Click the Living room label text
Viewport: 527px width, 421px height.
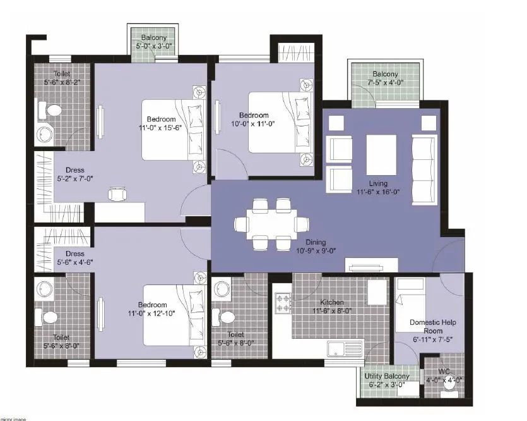(397, 183)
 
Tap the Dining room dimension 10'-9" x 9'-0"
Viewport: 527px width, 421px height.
(316, 250)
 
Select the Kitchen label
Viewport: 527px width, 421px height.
(332, 302)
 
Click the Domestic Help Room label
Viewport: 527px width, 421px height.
(432, 326)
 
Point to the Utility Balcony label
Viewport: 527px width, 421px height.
(388, 376)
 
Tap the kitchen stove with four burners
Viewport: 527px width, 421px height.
(283, 303)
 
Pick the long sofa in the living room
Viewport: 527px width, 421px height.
(423, 169)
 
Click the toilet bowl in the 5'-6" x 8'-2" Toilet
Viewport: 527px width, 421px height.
(53, 111)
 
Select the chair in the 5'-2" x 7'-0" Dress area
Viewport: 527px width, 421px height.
(117, 193)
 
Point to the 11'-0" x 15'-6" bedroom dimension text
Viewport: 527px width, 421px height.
(161, 128)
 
